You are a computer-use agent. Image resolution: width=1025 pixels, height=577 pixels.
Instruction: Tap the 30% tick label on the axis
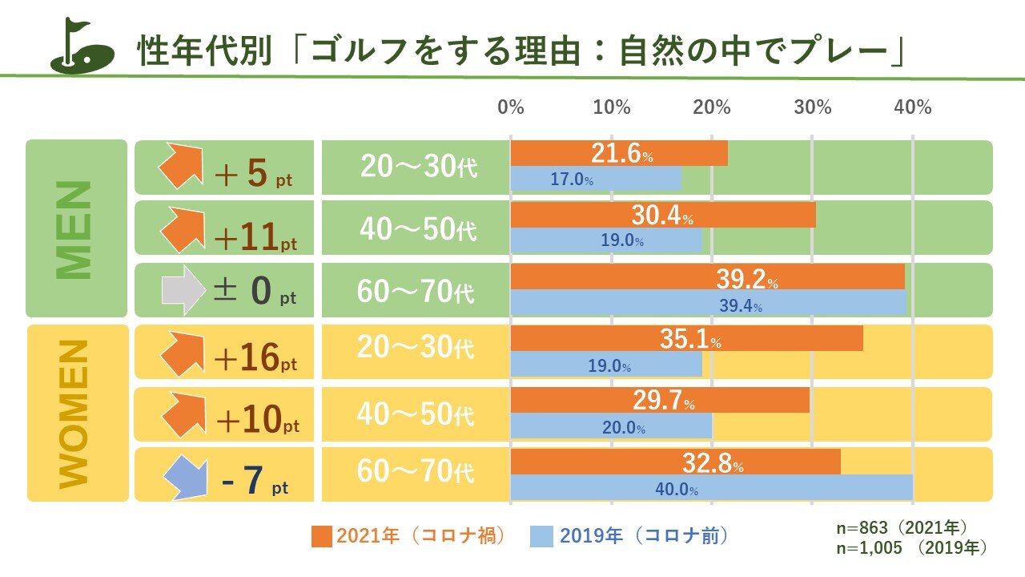[812, 107]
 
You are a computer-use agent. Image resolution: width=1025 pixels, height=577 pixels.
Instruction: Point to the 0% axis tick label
[511, 107]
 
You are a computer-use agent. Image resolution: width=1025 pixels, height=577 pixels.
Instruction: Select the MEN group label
[76, 229]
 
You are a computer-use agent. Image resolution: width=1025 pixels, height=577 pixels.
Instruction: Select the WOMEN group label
[76, 413]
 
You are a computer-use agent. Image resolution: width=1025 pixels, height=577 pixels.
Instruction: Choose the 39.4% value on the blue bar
[736, 305]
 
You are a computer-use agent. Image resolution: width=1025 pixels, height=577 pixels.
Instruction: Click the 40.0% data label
[673, 489]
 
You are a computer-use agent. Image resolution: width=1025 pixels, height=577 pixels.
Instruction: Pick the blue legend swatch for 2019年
[541, 536]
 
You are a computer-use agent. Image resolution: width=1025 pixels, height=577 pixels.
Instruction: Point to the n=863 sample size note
[902, 529]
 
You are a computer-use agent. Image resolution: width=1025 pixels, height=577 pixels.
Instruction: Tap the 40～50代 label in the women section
[416, 414]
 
